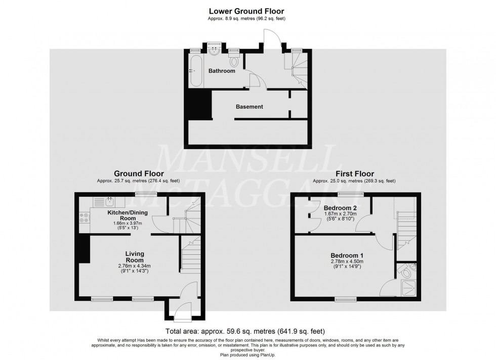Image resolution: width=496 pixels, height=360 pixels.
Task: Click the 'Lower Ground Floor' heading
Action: tap(247, 11)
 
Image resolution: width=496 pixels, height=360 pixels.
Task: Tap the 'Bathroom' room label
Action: tap(222, 71)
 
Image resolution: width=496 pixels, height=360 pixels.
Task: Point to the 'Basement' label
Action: tap(250, 107)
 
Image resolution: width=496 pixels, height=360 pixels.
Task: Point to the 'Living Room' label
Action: tap(135, 257)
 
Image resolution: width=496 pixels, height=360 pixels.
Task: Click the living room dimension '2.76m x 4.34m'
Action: tap(135, 266)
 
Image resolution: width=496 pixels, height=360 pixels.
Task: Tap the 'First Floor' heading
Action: tap(353, 173)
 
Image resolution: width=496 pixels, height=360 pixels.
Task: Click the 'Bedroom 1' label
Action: tap(347, 255)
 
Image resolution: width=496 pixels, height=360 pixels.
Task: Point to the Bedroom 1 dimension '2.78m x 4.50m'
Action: tap(347, 261)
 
